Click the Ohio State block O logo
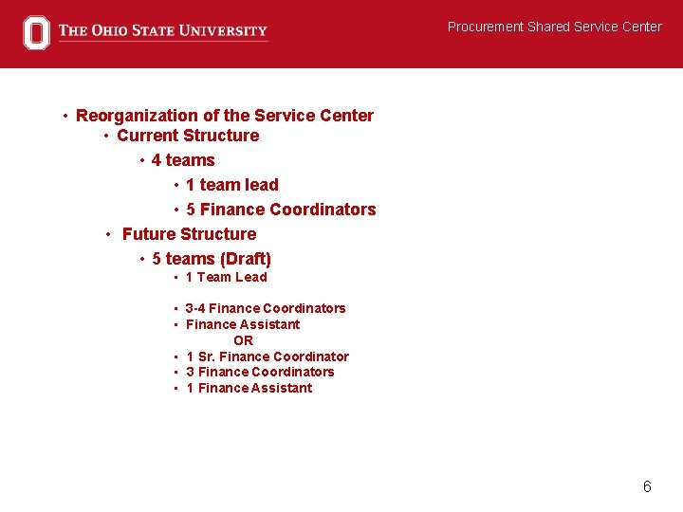(36, 32)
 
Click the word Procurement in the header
(486, 27)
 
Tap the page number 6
(647, 486)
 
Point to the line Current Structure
(187, 136)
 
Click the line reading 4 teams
(183, 160)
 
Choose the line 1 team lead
(231, 185)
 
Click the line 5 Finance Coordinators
(281, 210)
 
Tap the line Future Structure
(189, 234)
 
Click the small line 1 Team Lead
(226, 277)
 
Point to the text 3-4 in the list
(195, 308)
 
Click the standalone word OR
(243, 340)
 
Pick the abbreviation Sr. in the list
(208, 357)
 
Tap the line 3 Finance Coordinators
(260, 372)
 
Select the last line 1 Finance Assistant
(249, 388)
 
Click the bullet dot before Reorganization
(65, 117)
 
